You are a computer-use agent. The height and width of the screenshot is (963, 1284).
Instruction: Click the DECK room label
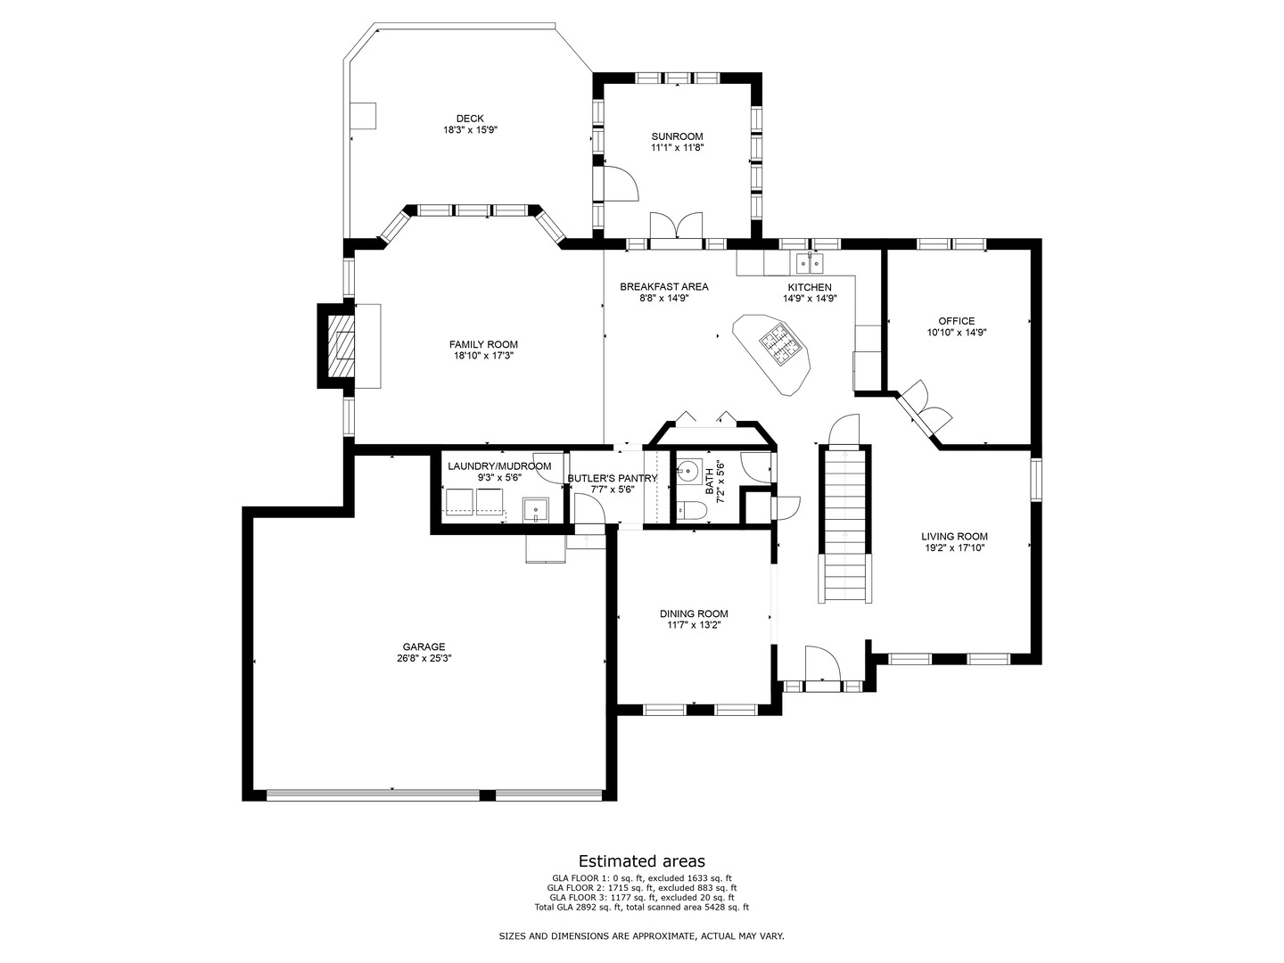tap(470, 119)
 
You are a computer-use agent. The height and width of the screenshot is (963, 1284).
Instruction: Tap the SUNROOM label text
tap(677, 136)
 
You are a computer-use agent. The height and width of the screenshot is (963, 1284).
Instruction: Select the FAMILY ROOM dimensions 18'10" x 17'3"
tap(483, 356)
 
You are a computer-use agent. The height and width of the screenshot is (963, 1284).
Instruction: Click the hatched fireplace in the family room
tap(340, 346)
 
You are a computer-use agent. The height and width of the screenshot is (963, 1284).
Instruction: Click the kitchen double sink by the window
tap(811, 263)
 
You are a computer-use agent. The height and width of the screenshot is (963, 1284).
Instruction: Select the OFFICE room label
tap(956, 321)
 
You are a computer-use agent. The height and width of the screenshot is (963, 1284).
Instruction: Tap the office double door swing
tap(926, 407)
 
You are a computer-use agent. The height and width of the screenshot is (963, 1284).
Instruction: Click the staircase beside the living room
tap(844, 526)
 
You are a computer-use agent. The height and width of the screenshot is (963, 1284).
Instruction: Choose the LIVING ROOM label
tap(954, 537)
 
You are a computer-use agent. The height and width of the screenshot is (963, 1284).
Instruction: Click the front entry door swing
tap(821, 664)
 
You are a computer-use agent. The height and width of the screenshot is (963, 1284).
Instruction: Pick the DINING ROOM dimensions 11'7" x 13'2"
tap(694, 625)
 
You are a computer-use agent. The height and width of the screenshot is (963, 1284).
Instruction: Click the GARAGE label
tap(424, 647)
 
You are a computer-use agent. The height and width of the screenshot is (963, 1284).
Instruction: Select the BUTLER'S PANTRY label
tap(613, 478)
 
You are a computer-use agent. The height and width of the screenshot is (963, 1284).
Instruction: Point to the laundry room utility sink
tap(536, 510)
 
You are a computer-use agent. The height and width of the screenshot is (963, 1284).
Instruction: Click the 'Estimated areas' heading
tap(642, 861)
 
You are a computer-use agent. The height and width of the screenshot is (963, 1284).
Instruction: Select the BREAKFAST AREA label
tap(664, 286)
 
